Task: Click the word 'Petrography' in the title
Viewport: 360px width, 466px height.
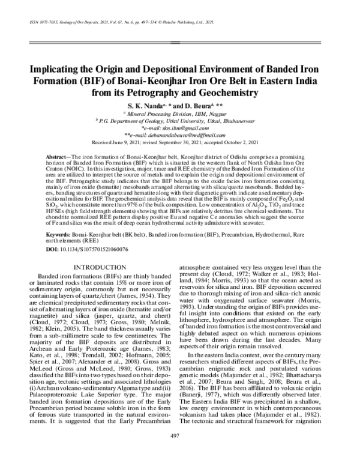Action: point(184,92)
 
